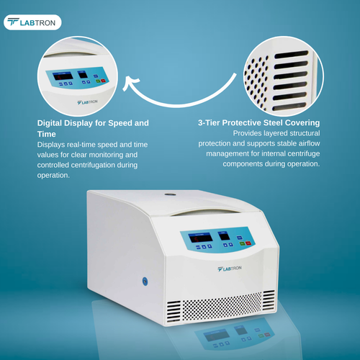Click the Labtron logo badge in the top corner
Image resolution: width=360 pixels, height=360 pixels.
(32, 22)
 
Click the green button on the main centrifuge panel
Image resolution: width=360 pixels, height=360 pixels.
(238, 245)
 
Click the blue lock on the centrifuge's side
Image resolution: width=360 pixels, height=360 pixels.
(144, 280)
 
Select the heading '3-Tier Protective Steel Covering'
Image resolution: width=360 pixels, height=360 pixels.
(258, 123)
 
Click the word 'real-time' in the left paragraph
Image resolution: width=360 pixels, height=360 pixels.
(82, 144)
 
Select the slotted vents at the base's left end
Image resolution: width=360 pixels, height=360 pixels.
(174, 311)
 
